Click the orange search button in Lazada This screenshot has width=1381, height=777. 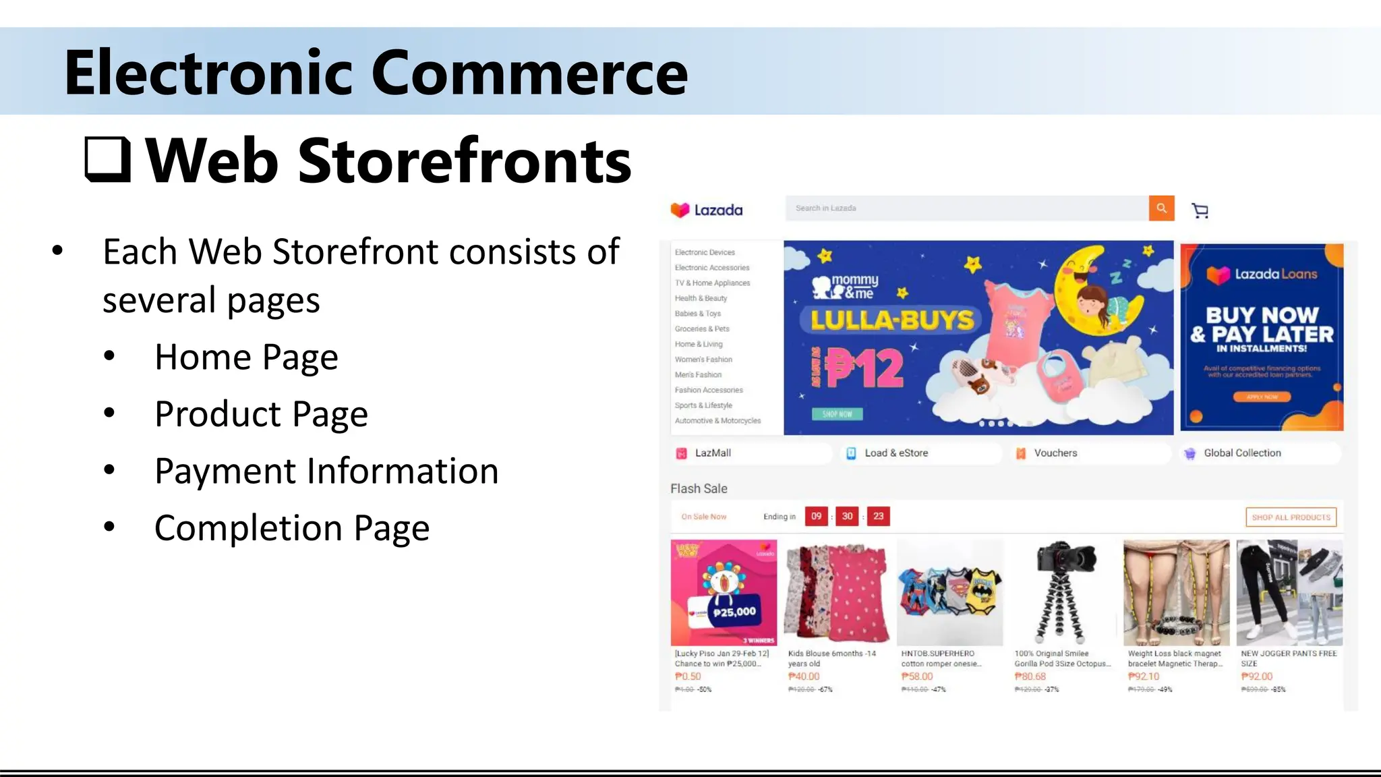coord(1161,208)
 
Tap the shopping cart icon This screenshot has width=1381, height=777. coord(1200,210)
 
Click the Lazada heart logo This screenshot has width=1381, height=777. coord(680,210)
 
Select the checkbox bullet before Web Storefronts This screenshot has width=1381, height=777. coord(107,160)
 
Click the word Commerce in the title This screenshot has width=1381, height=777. coord(529,72)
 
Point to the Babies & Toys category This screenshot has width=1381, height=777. coord(698,314)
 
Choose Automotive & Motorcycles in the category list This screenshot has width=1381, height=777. coord(717,421)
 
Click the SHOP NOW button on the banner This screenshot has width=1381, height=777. coord(837,414)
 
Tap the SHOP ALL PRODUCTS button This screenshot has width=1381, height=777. coord(1291,517)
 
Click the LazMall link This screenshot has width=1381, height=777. coord(713,453)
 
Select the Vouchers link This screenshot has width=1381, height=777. coord(1055,453)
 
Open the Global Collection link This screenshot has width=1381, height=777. coord(1242,453)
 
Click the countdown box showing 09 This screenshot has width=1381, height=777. coord(816,517)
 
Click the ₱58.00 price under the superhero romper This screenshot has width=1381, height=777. coord(917,677)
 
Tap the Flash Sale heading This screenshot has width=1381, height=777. coord(699,488)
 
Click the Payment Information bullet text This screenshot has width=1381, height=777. coord(326,471)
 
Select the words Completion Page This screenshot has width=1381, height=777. coord(292,527)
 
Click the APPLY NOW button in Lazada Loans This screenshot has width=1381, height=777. coord(1262,397)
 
